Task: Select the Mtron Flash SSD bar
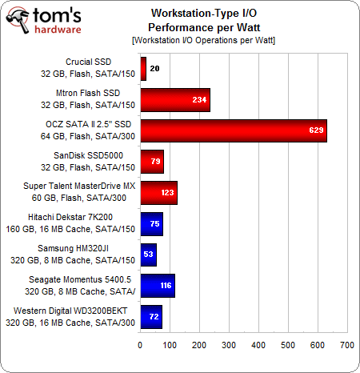(x=174, y=99)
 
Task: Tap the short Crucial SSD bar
(x=143, y=69)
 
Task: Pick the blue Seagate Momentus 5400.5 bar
(x=157, y=286)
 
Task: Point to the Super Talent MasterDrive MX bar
(x=158, y=193)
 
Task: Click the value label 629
(x=316, y=130)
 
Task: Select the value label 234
(x=199, y=99)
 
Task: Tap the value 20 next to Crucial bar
(x=154, y=69)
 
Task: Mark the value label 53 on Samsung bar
(x=148, y=255)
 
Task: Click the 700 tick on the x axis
(x=346, y=345)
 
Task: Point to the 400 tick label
(x=258, y=345)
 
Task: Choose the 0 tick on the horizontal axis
(x=140, y=345)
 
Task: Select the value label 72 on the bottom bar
(x=152, y=317)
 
